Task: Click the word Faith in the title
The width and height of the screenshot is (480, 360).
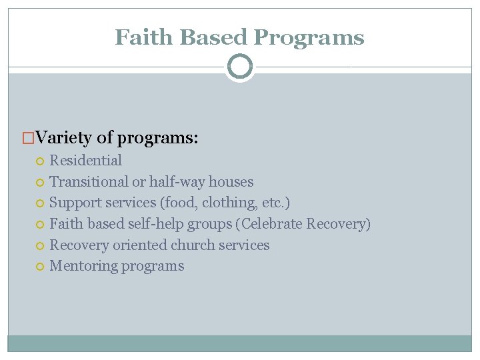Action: click(x=138, y=37)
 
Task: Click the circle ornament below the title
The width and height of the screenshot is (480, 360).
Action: click(x=240, y=67)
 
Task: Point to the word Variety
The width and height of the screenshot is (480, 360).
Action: click(x=64, y=138)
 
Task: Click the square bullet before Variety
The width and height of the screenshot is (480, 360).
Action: click(x=29, y=139)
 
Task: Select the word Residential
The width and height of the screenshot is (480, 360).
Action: click(x=86, y=161)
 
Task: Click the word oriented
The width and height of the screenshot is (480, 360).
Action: click(x=139, y=245)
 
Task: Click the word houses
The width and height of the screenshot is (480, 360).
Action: click(x=231, y=181)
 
